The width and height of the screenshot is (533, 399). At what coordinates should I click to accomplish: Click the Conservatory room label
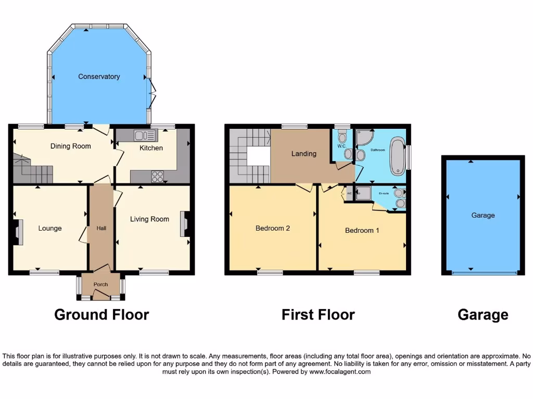pos(99,76)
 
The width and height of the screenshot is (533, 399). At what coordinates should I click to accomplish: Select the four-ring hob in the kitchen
pos(158,177)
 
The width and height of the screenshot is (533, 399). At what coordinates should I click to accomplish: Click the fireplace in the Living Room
pos(184,224)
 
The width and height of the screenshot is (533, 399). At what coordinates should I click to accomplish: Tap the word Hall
pos(101,228)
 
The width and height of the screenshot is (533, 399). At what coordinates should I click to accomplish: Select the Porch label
pos(100,284)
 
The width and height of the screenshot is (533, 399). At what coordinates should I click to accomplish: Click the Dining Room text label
pos(70,146)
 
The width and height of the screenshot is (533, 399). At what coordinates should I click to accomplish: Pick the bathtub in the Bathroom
pos(397,156)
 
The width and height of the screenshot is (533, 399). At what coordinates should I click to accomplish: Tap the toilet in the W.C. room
pos(342,138)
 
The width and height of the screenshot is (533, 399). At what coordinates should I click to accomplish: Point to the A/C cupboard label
pos(349,193)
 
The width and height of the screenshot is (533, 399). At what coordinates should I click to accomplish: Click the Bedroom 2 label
pos(272,228)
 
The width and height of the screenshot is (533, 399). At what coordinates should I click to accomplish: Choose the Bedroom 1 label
pos(362,230)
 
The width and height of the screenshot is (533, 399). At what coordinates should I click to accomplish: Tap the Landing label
pos(303,153)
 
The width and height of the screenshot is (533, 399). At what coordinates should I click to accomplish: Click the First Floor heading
pos(318,314)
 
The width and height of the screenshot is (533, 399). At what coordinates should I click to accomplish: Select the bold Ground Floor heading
pos(101,314)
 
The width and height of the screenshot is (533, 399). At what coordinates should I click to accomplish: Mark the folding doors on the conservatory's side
pos(153,94)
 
